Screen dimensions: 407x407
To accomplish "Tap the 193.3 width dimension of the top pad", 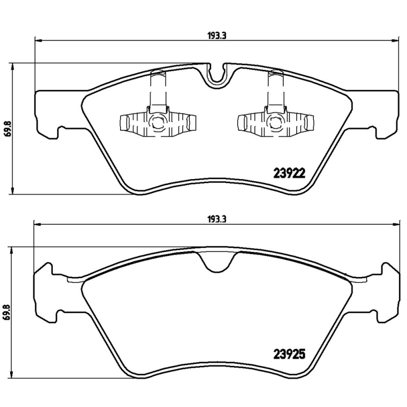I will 217,35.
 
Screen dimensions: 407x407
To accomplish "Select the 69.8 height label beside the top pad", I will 6,128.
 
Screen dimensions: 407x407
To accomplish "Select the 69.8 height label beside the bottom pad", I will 6,311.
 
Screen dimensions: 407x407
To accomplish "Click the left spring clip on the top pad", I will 157,123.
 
